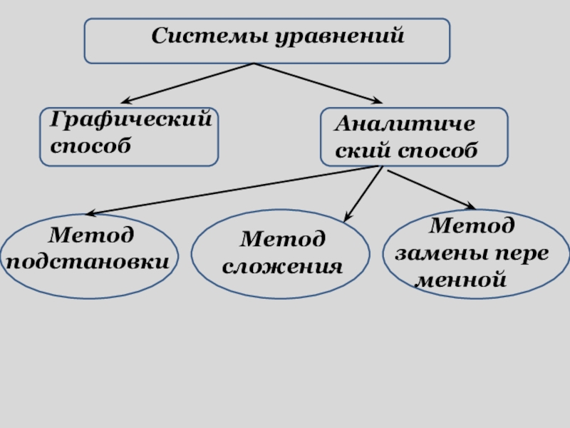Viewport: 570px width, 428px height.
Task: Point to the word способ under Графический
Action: [x=90, y=145]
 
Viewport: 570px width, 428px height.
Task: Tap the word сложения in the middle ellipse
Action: [x=282, y=267]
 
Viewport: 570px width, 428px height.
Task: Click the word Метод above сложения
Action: [x=283, y=240]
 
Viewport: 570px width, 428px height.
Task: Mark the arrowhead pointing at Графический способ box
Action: [x=124, y=101]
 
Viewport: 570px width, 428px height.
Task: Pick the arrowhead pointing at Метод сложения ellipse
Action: [x=348, y=217]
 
